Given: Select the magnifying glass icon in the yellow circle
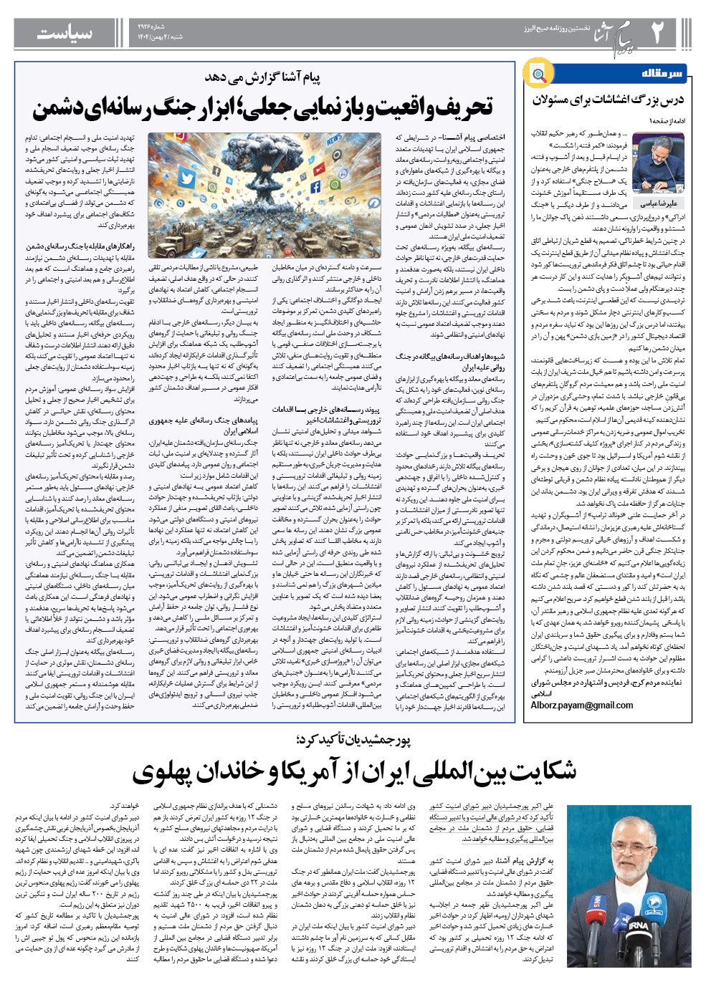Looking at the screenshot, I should point(538,74).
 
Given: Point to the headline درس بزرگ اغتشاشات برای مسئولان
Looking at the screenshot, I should point(608,100).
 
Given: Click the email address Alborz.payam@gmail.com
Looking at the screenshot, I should point(582,705).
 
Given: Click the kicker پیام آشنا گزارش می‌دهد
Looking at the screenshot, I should point(262,77).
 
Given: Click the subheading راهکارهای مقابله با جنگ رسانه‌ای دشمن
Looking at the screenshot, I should point(80,246).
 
